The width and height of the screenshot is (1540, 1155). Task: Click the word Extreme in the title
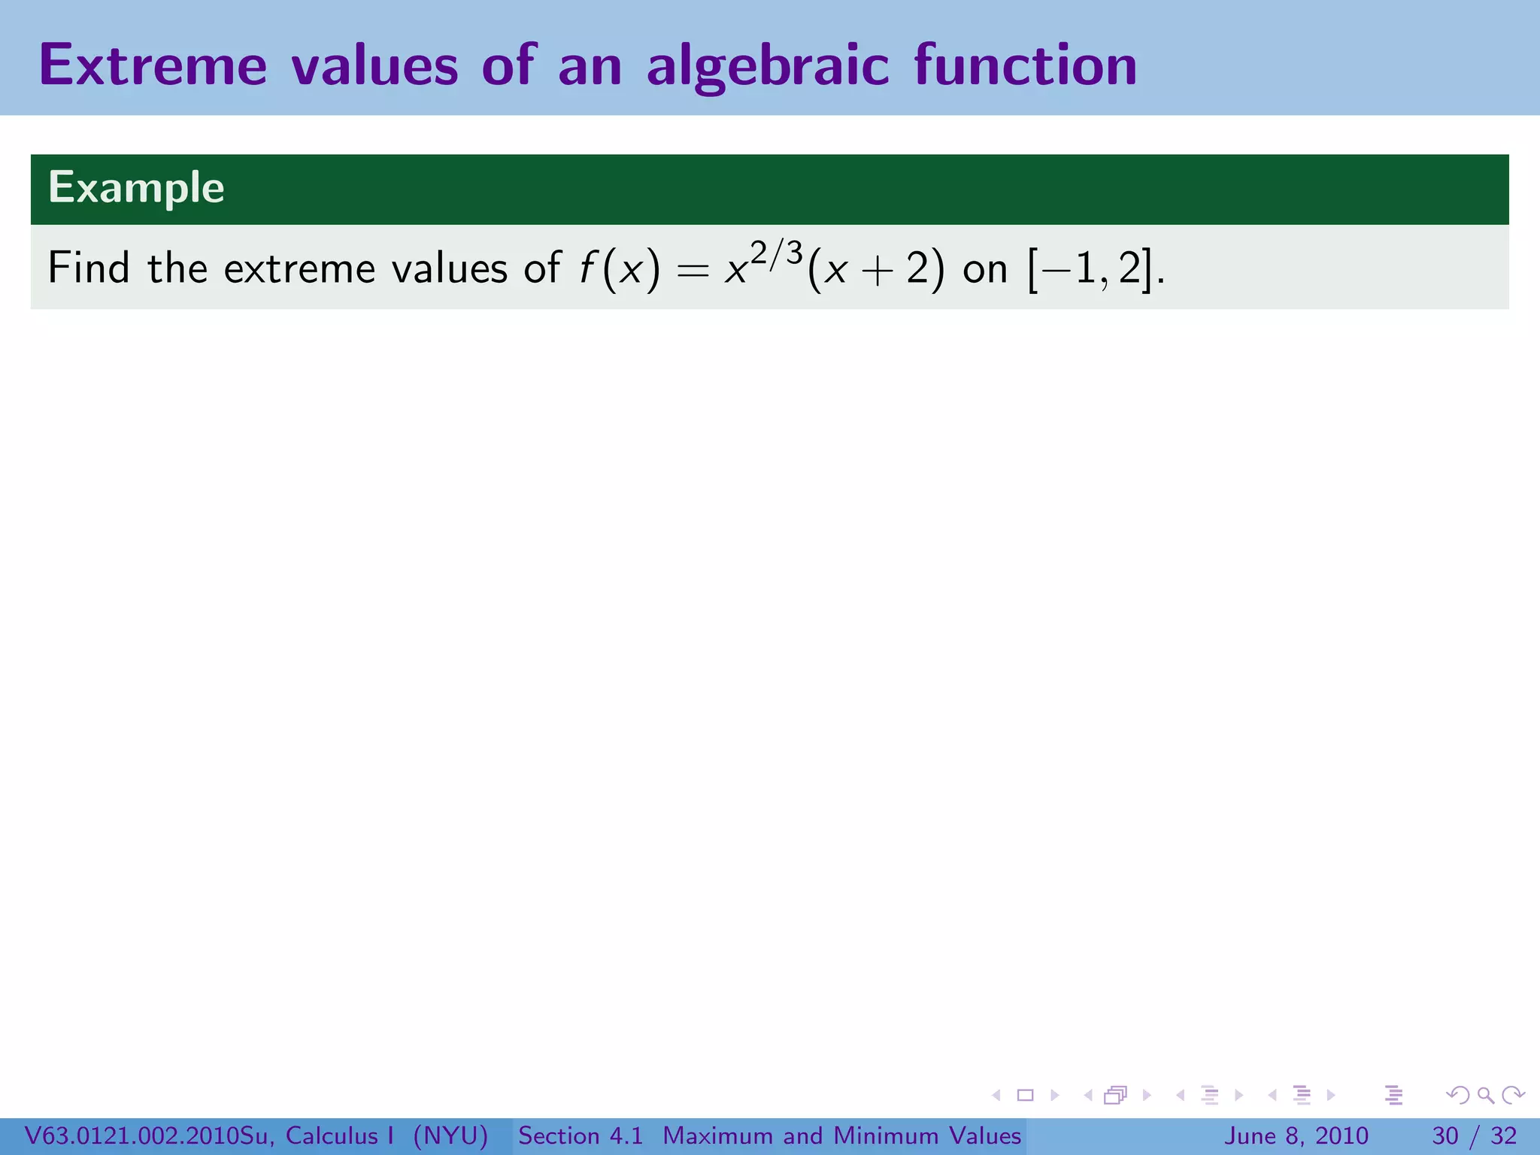pos(153,66)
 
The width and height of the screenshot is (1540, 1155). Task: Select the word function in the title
pos(1026,66)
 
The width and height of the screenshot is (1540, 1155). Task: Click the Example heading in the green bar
pos(136,188)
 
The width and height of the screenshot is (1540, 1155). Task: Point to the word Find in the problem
pos(88,268)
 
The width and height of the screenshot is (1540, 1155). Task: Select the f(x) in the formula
pos(619,269)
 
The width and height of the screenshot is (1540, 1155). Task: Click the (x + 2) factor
pos(875,269)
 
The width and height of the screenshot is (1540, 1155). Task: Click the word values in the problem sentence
pos(449,268)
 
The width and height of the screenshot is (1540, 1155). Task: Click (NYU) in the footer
pos(450,1135)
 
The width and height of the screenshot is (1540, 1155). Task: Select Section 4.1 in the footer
pos(581,1135)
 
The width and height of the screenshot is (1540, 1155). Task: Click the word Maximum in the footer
pos(718,1135)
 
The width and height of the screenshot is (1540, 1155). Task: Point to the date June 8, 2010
pos(1296,1135)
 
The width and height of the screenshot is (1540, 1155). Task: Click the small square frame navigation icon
pos(1025,1095)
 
